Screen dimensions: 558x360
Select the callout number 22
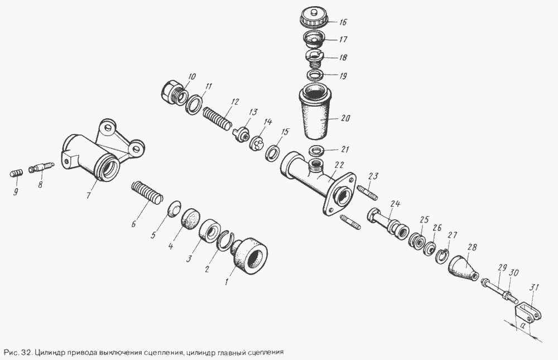tap(339, 166)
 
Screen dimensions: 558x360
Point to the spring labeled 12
tap(218, 118)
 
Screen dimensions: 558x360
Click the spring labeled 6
tap(147, 193)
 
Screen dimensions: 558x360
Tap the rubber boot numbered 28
tap(463, 268)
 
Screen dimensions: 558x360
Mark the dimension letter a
tap(523, 325)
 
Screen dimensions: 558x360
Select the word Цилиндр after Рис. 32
tap(47, 353)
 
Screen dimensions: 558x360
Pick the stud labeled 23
tap(366, 193)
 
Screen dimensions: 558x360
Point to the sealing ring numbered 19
tap(315, 75)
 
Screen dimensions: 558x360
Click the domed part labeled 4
tap(190, 217)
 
